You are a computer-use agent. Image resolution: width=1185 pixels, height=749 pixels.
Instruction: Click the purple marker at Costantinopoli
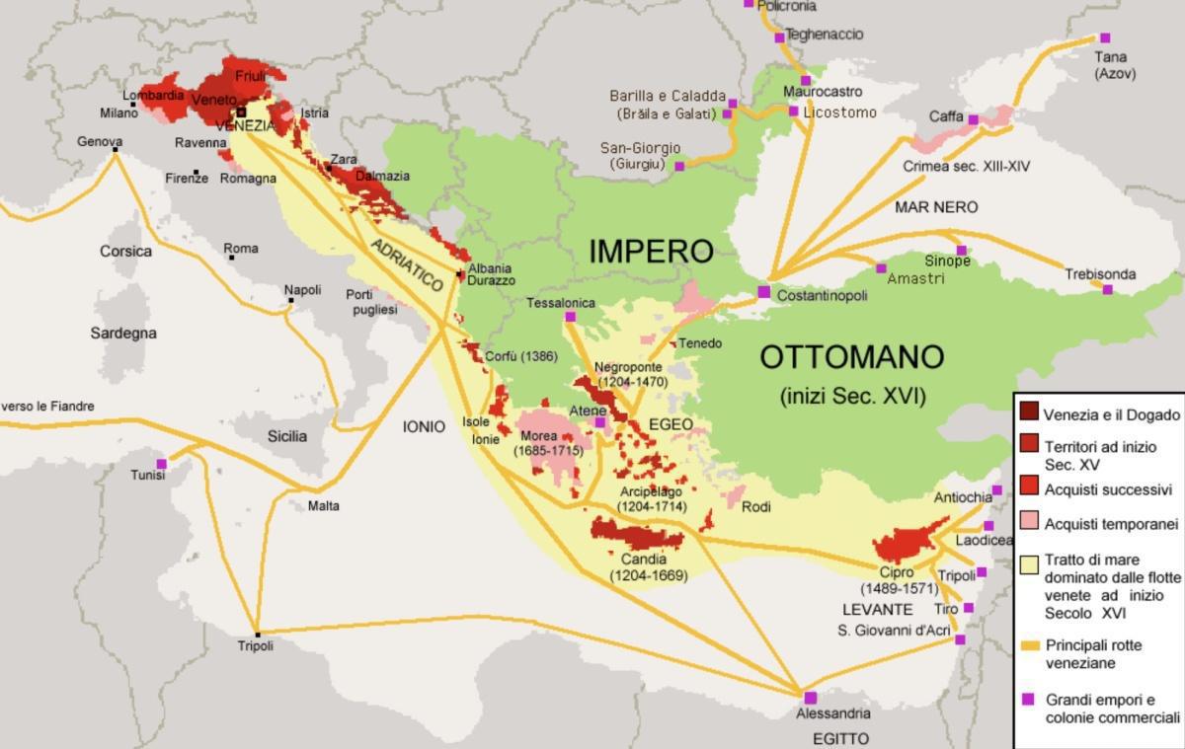[763, 291]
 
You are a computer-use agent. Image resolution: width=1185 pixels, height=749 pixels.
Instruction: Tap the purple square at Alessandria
[810, 698]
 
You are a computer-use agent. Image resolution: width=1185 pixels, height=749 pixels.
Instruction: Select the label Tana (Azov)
[1115, 65]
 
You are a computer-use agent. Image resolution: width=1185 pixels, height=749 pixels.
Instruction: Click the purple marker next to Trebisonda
[1107, 289]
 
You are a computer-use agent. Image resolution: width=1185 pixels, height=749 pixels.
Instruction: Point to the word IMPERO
[651, 251]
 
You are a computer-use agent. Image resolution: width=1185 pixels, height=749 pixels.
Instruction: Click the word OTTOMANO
[851, 356]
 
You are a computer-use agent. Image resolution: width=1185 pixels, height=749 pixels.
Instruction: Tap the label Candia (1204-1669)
[649, 566]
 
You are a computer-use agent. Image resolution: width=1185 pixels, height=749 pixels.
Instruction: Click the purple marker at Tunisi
[161, 464]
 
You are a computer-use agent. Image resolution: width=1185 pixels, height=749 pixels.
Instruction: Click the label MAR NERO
[936, 207]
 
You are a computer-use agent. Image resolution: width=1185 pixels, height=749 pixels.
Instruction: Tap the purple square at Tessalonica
[570, 317]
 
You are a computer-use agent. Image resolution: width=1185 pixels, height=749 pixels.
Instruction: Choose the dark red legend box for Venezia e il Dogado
[1028, 414]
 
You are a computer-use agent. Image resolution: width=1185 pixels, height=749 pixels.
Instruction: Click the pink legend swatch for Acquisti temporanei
[1028, 522]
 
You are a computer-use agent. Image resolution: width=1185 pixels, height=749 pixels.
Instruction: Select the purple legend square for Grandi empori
[1028, 699]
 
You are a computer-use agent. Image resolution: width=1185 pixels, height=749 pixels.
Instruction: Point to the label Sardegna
[123, 333]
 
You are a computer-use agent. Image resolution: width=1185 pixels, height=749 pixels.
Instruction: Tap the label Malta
[323, 505]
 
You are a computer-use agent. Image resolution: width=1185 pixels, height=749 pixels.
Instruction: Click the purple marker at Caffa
[973, 119]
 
